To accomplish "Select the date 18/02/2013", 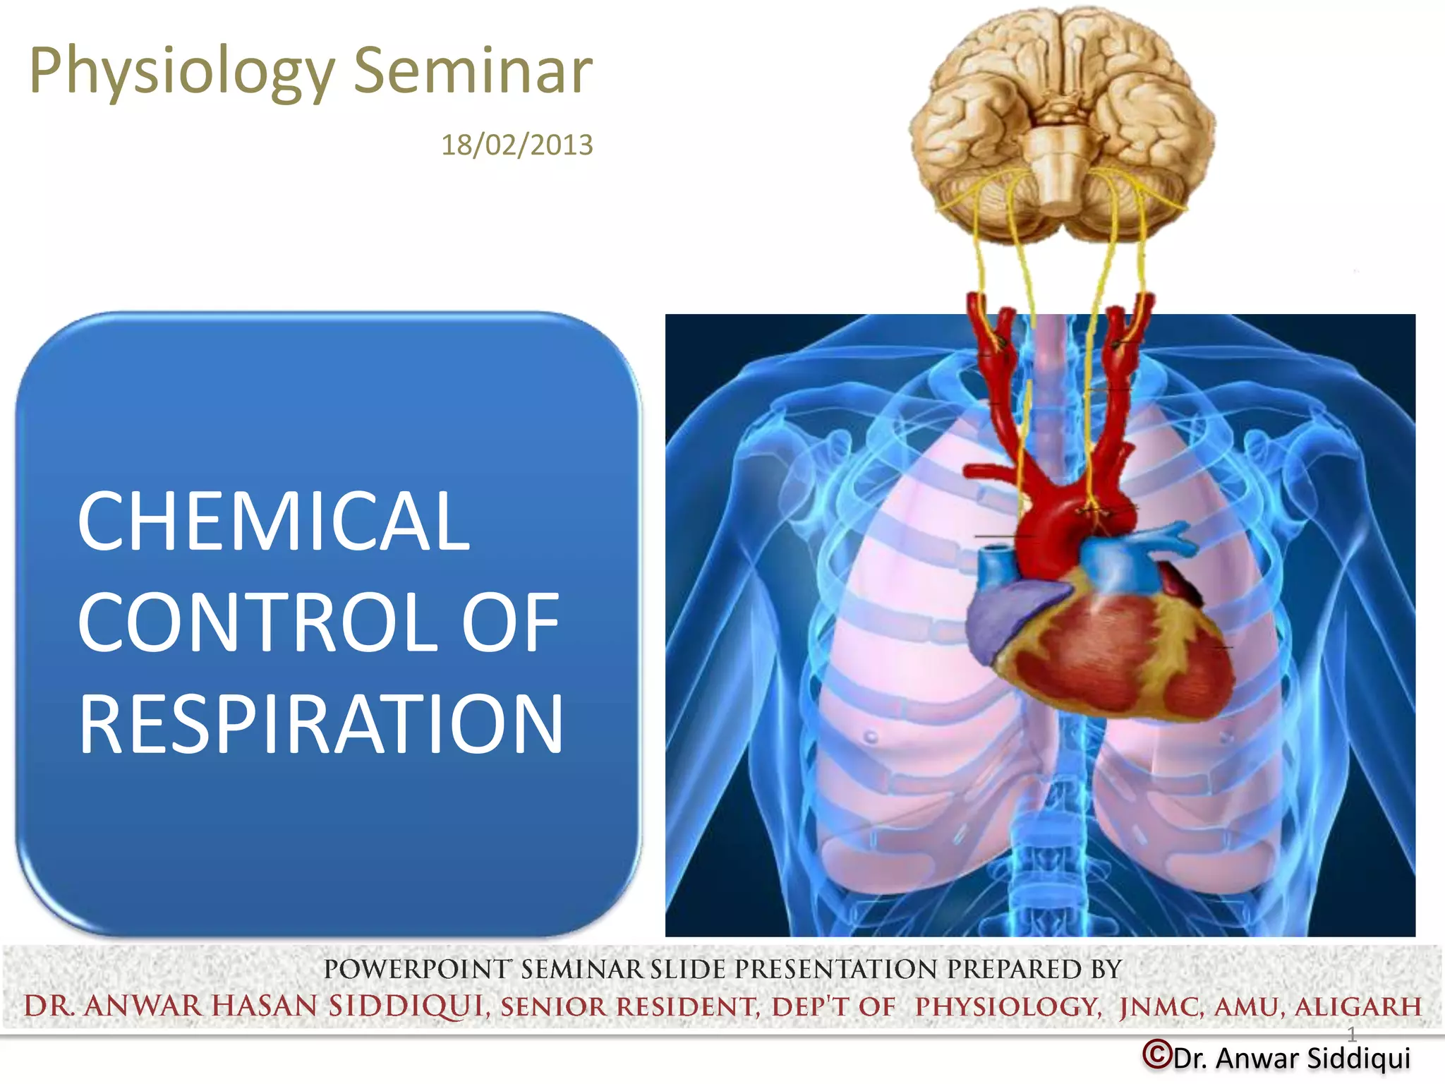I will (x=516, y=145).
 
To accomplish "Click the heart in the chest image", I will (x=1101, y=649).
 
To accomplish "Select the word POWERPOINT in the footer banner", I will (x=416, y=969).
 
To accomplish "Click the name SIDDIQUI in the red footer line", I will (x=406, y=1006).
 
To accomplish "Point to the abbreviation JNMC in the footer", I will (x=1161, y=1006).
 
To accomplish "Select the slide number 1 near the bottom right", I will (x=1351, y=1035).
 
